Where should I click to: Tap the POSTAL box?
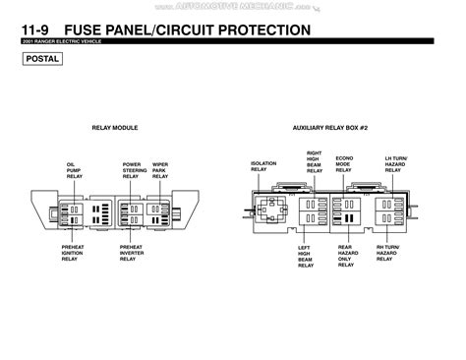point(43,59)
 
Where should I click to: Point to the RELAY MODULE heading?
point(114,128)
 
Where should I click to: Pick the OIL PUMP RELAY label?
point(75,169)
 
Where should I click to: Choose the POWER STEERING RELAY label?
point(134,169)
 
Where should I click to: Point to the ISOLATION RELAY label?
point(263,166)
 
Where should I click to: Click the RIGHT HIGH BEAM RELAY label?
point(315,162)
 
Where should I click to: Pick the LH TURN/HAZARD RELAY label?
point(393,163)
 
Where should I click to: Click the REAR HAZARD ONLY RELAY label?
point(346,256)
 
